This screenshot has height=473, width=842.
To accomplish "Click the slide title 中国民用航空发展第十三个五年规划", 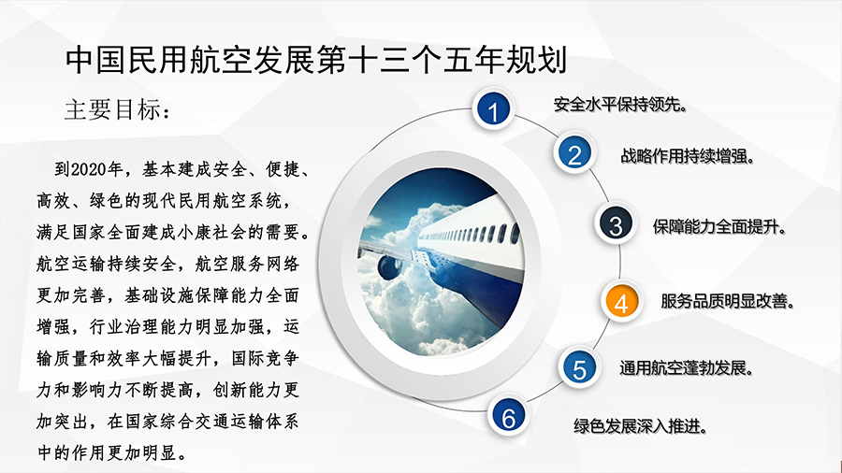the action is [x=316, y=60].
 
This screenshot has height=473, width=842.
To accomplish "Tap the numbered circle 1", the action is [x=493, y=110].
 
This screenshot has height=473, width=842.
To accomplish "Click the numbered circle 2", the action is [x=574, y=154].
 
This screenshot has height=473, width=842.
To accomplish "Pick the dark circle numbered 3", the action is [x=616, y=224].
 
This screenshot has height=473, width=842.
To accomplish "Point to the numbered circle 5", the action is [x=579, y=368].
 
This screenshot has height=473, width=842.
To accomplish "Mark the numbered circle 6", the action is [x=508, y=417].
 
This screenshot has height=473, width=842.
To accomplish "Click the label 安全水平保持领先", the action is [x=619, y=104].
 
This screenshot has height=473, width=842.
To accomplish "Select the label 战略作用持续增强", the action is [x=688, y=156].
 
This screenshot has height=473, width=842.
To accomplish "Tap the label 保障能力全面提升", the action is [x=719, y=227].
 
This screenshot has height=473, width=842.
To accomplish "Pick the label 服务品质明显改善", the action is [x=727, y=301].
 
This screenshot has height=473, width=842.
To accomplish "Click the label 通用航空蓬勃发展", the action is [x=686, y=368].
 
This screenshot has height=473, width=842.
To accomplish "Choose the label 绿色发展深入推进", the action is [x=640, y=426].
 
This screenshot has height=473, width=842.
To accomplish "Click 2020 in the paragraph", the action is [x=89, y=169].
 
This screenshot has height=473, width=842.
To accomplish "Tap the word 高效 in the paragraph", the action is [x=53, y=201].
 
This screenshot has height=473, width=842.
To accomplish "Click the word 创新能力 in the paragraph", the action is [x=247, y=390].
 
